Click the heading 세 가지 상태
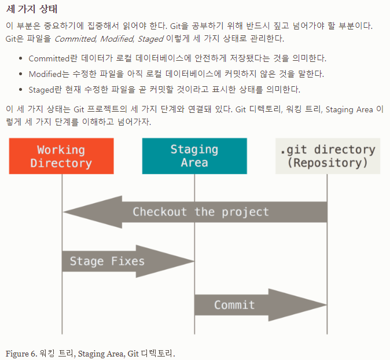[32, 10]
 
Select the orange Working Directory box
[61, 156]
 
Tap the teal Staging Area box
[194, 156]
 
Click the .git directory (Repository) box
[328, 156]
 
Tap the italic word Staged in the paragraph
[150, 39]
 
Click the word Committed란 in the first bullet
[49, 58]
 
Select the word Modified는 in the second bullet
[47, 74]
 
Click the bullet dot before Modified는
[21, 74]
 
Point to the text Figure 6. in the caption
[21, 353]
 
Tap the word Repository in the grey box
[328, 163]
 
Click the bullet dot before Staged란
[21, 90]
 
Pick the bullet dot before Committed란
[21, 58]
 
